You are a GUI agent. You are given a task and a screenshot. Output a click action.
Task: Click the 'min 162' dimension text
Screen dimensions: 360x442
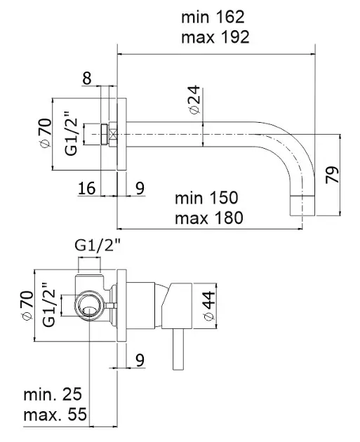[x=213, y=17]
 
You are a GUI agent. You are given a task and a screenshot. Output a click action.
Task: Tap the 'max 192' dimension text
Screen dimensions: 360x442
[x=215, y=37]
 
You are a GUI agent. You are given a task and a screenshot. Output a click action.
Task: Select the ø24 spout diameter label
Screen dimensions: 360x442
[x=194, y=100]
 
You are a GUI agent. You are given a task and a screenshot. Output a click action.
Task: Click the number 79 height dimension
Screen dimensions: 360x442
[x=332, y=175]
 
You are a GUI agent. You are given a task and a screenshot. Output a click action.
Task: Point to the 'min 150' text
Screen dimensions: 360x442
[x=206, y=198]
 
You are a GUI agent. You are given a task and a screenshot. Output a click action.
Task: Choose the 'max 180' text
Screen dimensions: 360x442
[x=209, y=217]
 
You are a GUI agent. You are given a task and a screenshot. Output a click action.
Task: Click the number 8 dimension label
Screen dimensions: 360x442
[x=87, y=78]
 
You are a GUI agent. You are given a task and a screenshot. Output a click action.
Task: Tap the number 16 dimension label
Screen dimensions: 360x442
[x=86, y=188]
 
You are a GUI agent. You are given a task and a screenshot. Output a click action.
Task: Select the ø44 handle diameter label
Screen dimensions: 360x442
[x=209, y=306]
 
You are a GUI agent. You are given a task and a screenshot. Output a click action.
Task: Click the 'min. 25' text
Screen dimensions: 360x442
[x=53, y=394]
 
